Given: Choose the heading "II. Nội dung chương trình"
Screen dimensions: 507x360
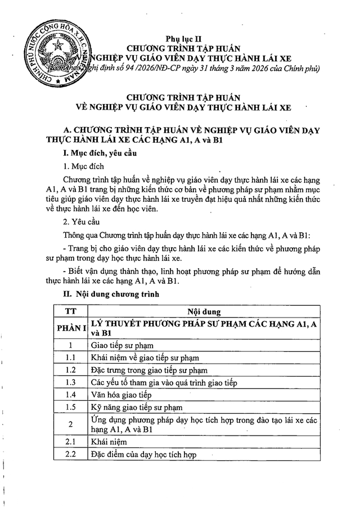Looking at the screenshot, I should pos(111,293).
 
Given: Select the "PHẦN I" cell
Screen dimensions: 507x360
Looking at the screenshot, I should pos(70,327).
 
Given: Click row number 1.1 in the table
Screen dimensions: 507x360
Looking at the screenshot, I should pos(70,357).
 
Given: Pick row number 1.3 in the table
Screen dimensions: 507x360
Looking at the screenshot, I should pos(70,382).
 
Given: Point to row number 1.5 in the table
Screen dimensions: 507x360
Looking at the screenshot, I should pos(70,406).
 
